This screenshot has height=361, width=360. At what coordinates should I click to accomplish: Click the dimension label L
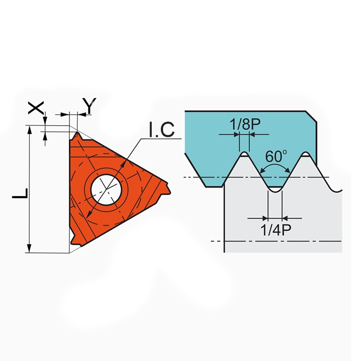[19, 193]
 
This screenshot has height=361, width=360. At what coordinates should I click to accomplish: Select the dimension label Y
[89, 106]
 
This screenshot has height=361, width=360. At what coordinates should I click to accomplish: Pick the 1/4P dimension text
[275, 230]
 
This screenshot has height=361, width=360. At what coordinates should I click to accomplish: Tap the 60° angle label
[277, 155]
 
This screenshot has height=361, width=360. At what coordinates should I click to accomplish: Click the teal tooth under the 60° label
[275, 181]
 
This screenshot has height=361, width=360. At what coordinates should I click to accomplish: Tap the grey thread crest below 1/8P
[245, 155]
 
